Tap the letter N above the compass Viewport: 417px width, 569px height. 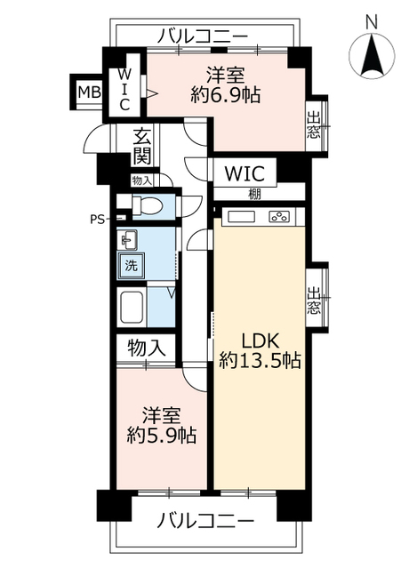372,20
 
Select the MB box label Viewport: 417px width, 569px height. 87,92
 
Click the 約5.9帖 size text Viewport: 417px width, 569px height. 161,436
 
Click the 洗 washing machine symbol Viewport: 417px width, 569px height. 130,264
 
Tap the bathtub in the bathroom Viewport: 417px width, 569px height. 132,309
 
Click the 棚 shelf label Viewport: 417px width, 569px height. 256,193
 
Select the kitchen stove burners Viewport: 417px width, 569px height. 280,216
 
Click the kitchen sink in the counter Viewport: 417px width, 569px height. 241,216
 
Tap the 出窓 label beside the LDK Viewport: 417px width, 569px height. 315,301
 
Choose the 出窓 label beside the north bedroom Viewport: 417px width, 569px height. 315,125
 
